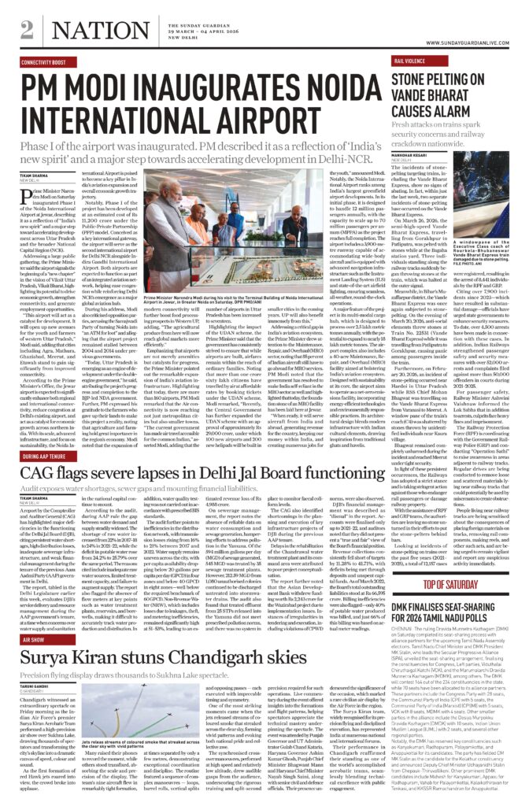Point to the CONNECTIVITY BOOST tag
click(44, 61)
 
